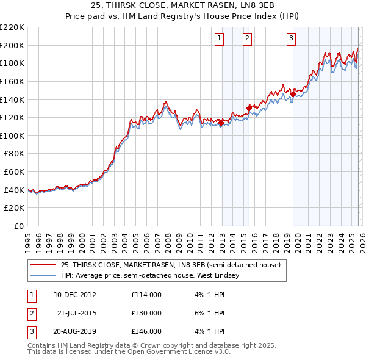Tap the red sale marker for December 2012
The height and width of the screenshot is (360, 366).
pyautogui.click(x=221, y=123)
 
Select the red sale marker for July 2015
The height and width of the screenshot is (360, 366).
pyautogui.click(x=249, y=108)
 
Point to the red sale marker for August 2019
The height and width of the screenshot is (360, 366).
pyautogui.click(x=293, y=94)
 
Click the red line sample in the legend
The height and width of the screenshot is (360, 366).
pyautogui.click(x=43, y=265)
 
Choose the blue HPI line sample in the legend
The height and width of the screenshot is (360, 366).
pyautogui.click(x=43, y=275)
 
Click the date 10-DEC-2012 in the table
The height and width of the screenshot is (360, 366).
pyautogui.click(x=74, y=295)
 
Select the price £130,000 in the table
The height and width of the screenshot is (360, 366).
pyautogui.click(x=146, y=313)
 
